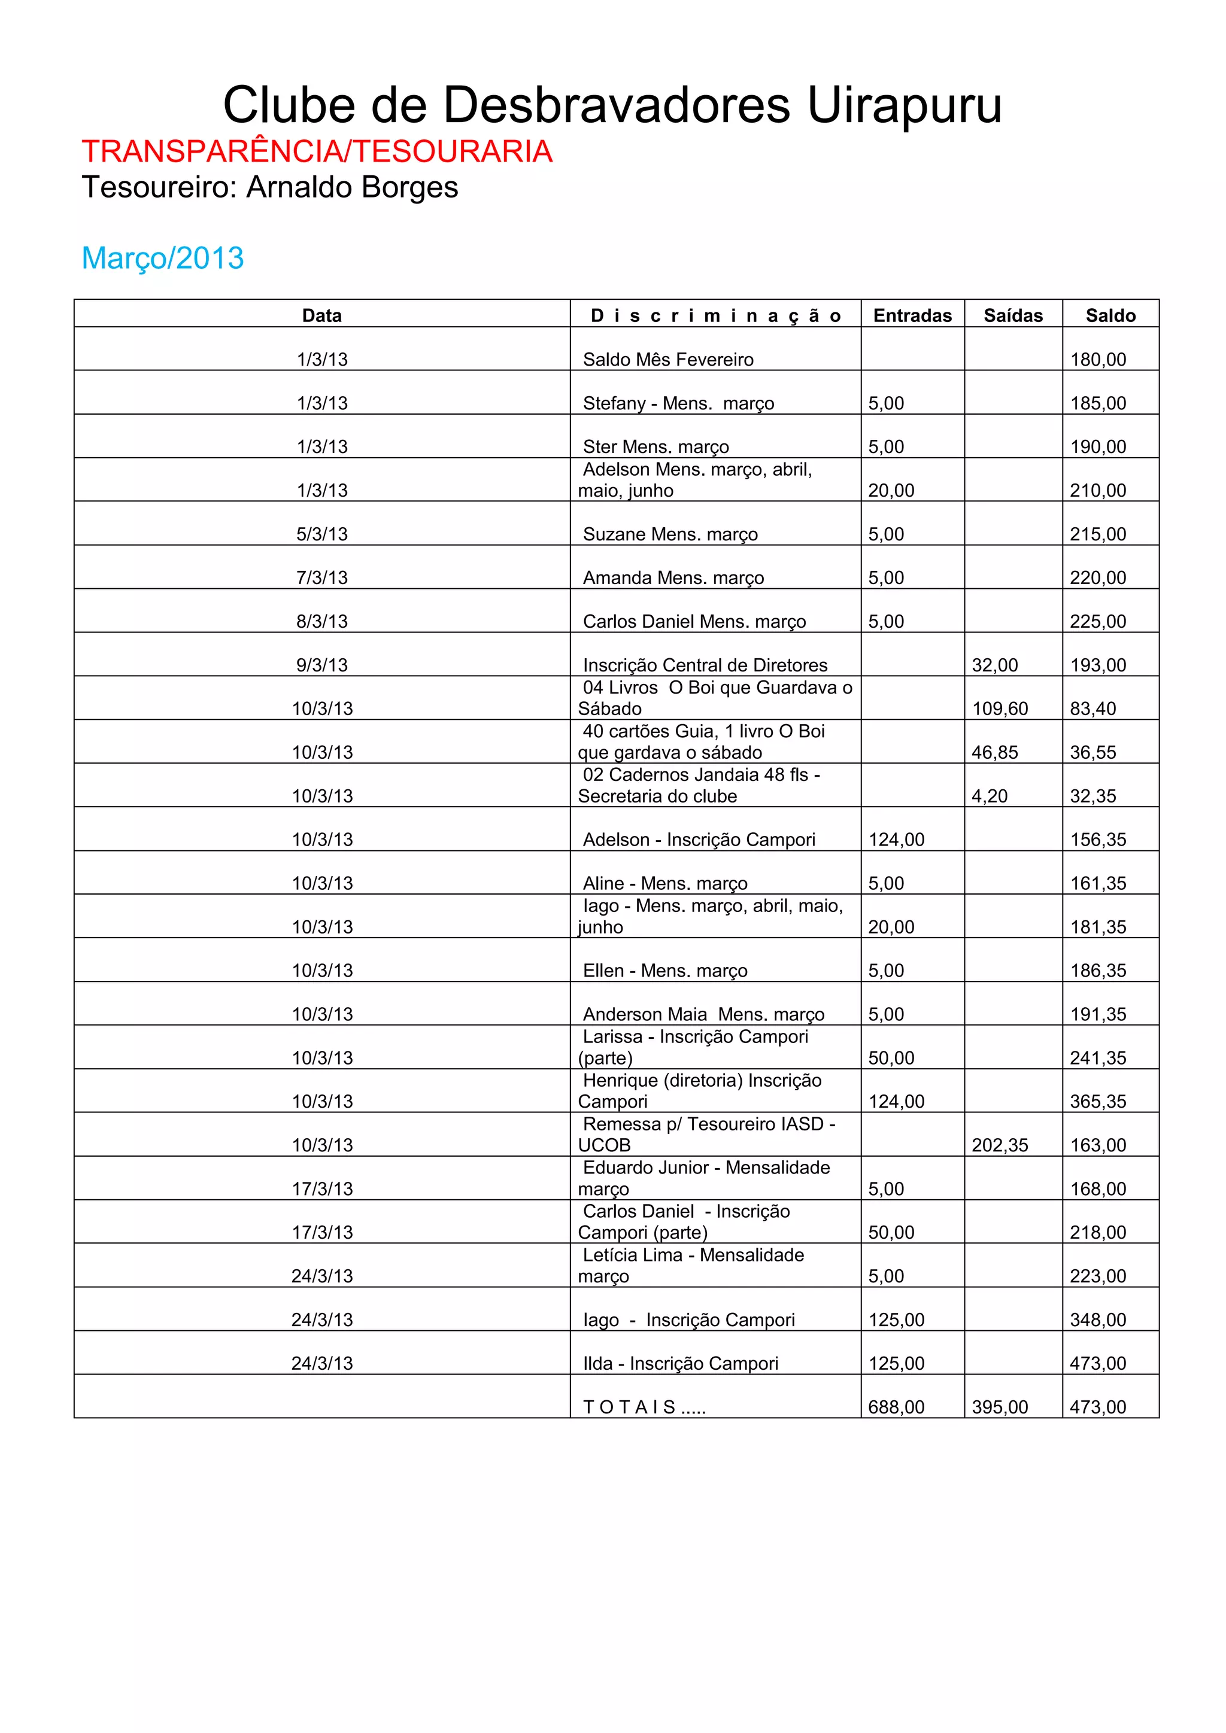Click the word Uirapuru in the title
pyautogui.click(x=905, y=106)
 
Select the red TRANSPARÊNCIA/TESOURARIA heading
pyautogui.click(x=317, y=152)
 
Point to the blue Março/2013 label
pyautogui.click(x=162, y=258)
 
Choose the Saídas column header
pyautogui.click(x=1012, y=315)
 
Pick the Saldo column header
pyautogui.click(x=1110, y=315)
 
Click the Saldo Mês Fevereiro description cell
pyautogui.click(x=668, y=359)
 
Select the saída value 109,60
pyautogui.click(x=1000, y=709)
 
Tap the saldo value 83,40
pyautogui.click(x=1093, y=709)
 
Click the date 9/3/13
pyautogui.click(x=321, y=665)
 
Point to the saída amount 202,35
pyautogui.click(x=1000, y=1145)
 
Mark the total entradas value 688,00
pyautogui.click(x=896, y=1407)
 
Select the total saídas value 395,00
pyautogui.click(x=1000, y=1407)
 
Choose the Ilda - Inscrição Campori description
pyautogui.click(x=680, y=1363)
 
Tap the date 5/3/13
pyautogui.click(x=321, y=534)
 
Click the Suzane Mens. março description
pyautogui.click(x=670, y=534)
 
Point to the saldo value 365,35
pyautogui.click(x=1098, y=1101)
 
